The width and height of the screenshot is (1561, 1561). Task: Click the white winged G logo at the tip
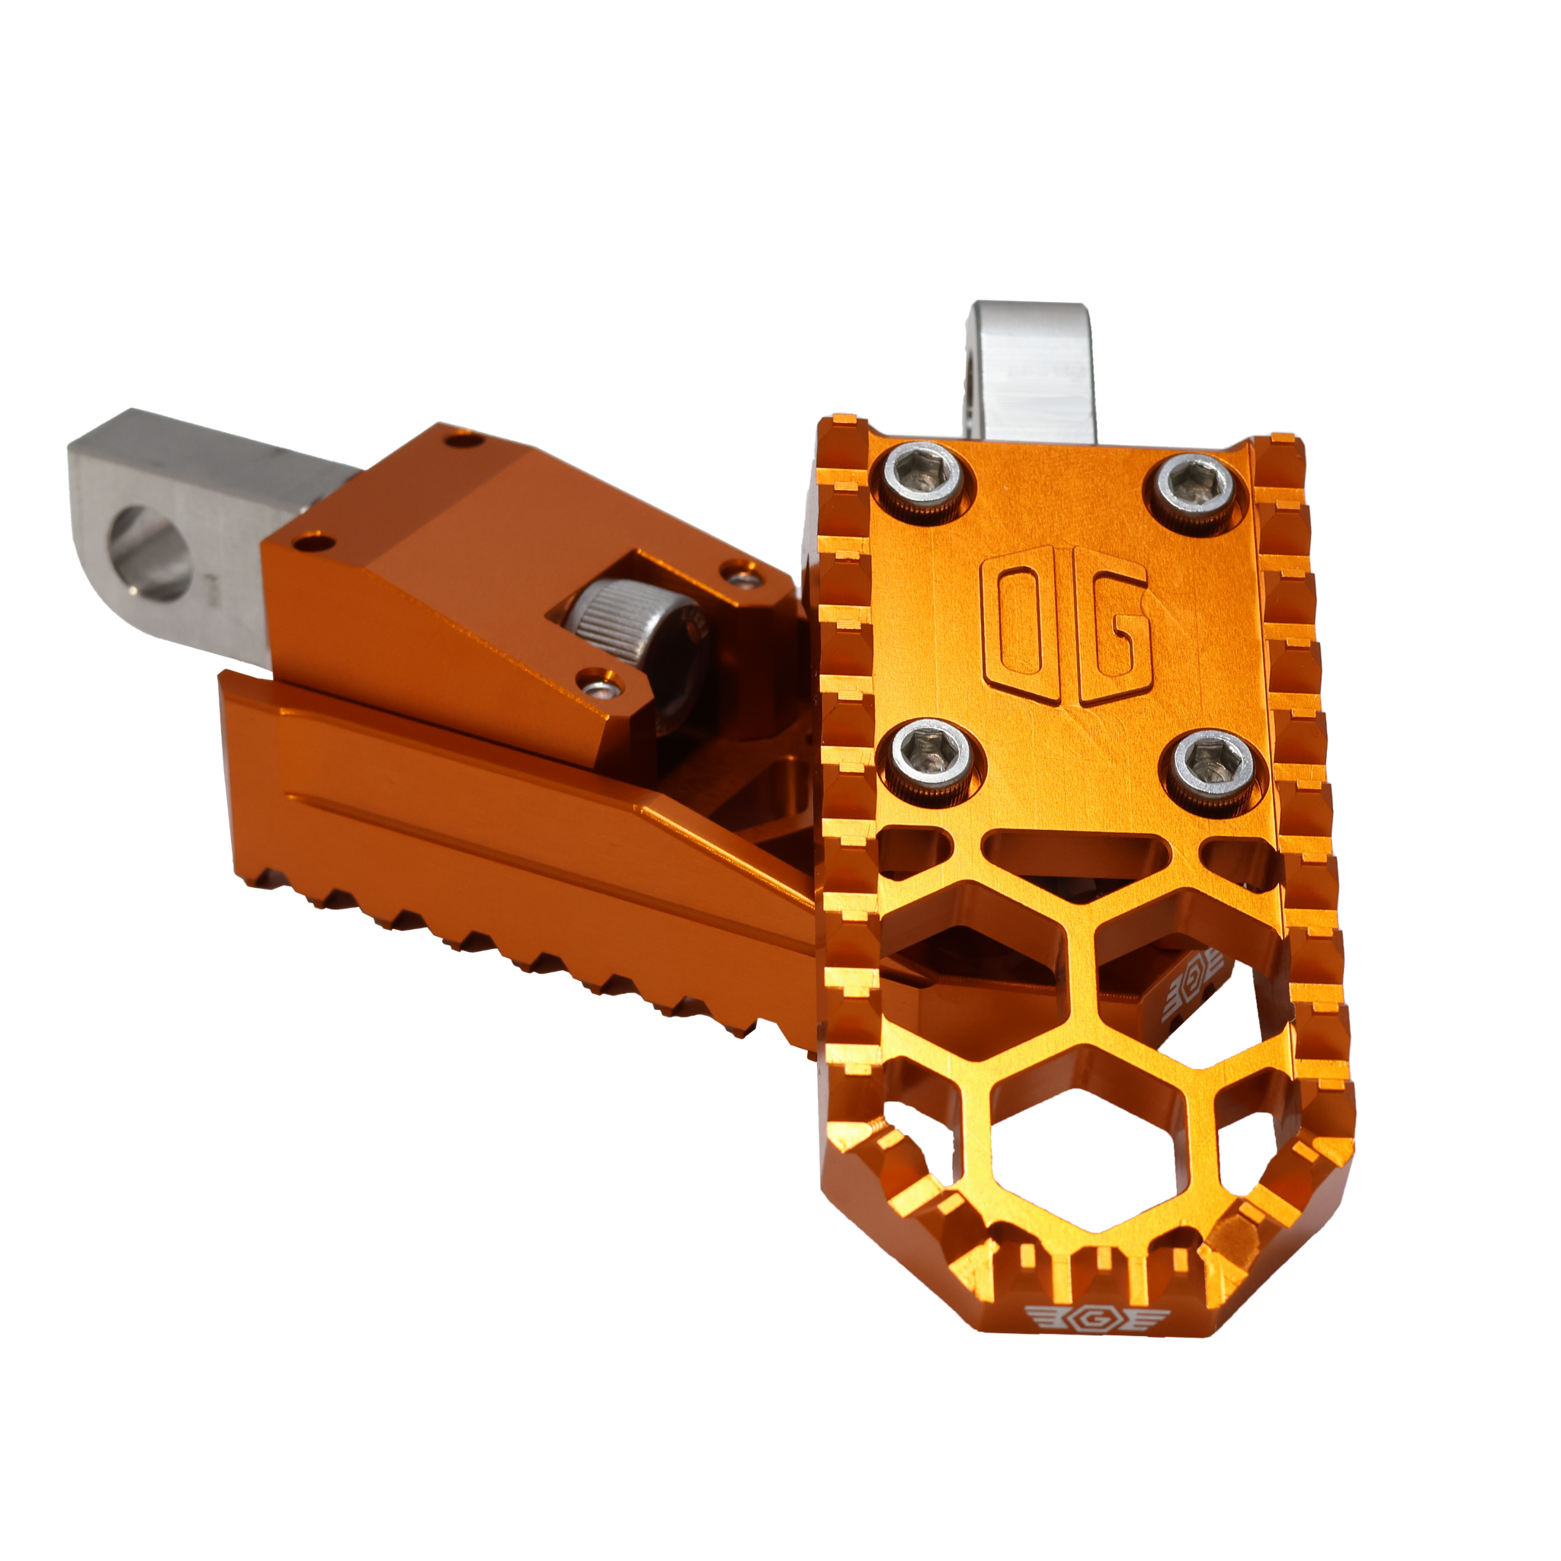tap(1098, 1341)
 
